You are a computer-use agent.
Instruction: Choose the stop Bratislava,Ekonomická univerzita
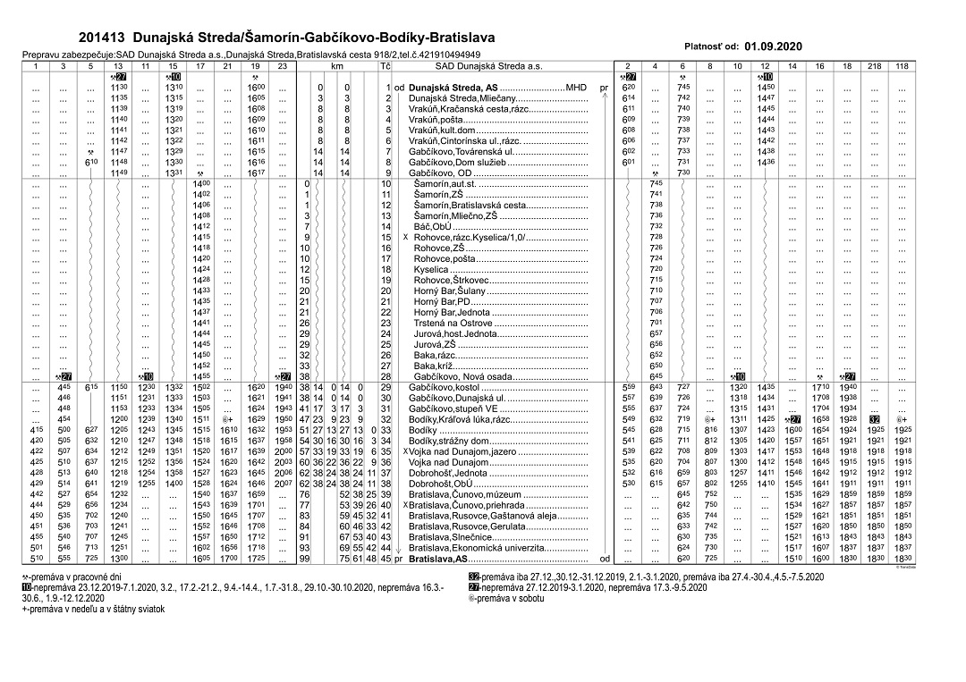point(471,548)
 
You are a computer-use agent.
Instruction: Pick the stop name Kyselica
point(431,269)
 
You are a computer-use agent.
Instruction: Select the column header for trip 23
point(283,66)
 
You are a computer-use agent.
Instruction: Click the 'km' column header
point(337,66)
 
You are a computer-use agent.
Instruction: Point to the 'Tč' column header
point(386,66)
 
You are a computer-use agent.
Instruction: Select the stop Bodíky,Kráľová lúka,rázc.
point(460,419)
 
